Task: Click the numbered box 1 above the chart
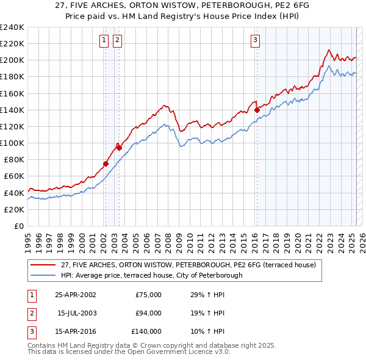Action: tap(104, 41)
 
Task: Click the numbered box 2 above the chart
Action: tap(117, 41)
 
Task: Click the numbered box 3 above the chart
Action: tap(255, 41)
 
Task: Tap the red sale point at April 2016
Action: tap(257, 110)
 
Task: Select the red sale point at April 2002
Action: tap(106, 164)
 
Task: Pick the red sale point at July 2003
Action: tap(119, 148)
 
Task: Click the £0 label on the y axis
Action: tap(18, 226)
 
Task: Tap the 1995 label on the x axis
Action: tap(27, 238)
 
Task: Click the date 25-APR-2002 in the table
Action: tap(76, 295)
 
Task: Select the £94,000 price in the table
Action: tap(148, 313)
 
